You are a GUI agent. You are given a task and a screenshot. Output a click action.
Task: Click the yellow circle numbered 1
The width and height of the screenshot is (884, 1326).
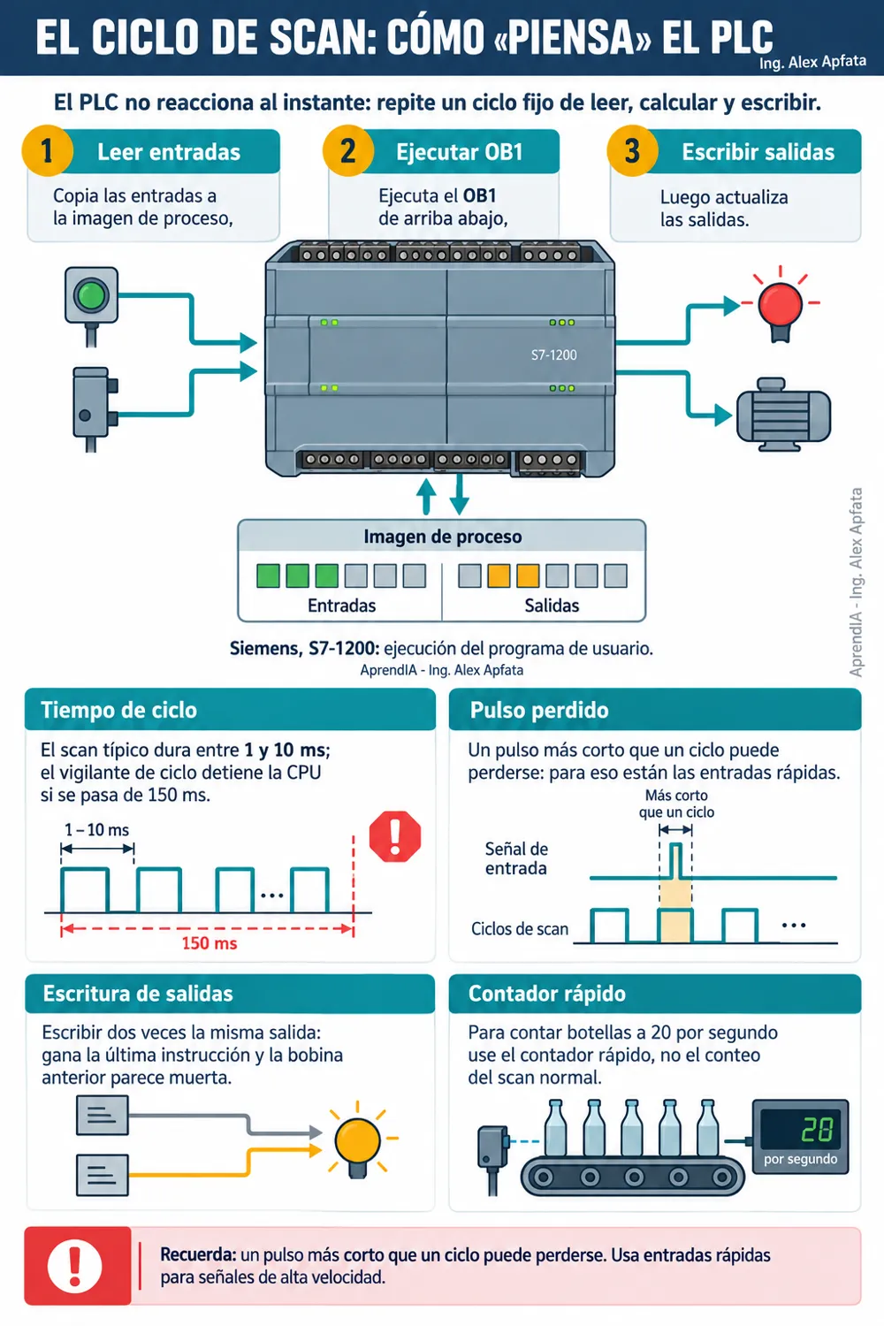tap(48, 151)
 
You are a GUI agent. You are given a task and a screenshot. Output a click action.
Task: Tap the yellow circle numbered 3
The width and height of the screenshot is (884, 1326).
tap(632, 151)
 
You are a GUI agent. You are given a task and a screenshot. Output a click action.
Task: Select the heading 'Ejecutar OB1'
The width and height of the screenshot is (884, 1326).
tap(460, 152)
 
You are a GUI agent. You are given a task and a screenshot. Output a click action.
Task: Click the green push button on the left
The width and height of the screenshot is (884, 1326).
tap(91, 294)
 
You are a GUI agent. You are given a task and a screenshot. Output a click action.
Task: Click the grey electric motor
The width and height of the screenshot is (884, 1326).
tap(782, 415)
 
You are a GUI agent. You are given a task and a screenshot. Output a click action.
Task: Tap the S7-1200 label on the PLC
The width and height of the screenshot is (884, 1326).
tap(553, 354)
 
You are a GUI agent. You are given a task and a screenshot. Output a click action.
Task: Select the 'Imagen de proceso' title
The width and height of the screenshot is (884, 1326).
tap(442, 537)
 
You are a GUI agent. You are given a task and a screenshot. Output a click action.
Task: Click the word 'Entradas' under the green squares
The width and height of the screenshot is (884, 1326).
tap(341, 606)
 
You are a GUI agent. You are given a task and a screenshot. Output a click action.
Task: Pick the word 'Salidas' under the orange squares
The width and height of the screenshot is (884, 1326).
tap(552, 606)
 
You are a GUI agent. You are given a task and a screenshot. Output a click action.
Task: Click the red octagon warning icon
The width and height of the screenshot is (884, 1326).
tap(395, 836)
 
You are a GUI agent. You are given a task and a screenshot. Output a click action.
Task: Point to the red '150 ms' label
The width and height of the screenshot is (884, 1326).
tap(209, 943)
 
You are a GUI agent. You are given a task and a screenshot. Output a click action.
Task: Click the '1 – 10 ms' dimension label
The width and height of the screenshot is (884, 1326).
tap(97, 830)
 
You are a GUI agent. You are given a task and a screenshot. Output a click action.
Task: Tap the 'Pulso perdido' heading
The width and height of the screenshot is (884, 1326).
tap(539, 710)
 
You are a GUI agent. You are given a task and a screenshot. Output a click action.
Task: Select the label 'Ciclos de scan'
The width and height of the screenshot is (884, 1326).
tap(519, 929)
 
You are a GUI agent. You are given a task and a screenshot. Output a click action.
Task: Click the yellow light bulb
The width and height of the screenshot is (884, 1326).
tap(358, 1139)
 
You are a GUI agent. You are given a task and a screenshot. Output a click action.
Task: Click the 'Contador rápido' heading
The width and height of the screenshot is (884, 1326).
tap(546, 994)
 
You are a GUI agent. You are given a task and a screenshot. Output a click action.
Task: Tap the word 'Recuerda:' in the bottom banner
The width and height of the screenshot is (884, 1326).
tap(198, 1254)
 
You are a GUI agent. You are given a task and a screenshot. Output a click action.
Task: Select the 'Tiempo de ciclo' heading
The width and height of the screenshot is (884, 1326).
tap(118, 710)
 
